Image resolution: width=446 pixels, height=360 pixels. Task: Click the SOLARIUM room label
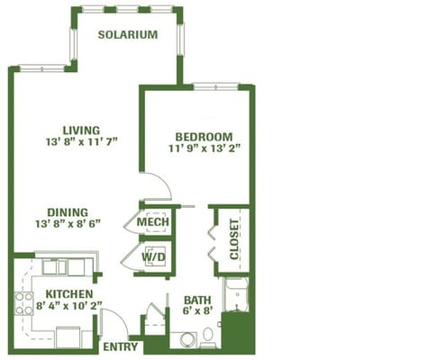coord(128,34)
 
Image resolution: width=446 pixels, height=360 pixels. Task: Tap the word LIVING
coord(81,130)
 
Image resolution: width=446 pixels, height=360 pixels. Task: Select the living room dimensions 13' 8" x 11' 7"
coord(81,141)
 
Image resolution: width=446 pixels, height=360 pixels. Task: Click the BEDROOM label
coord(204,137)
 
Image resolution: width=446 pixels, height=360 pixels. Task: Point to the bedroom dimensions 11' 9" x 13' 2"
coord(205,148)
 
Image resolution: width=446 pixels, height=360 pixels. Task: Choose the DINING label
coord(68,212)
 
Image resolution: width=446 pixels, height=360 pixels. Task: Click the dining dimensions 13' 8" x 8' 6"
coord(68,224)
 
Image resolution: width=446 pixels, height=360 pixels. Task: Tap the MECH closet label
coord(153,222)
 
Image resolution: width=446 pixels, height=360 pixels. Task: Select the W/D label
coord(153,257)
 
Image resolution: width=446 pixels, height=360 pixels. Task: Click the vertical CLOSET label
coord(234,239)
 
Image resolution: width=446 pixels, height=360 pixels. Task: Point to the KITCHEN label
coord(69,294)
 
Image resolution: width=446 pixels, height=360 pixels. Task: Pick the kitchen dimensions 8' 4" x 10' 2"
coord(69,306)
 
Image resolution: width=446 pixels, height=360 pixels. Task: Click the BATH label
coord(197,300)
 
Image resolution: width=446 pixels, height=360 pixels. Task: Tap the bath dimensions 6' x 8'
coord(197,310)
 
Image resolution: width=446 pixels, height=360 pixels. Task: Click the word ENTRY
coord(120,346)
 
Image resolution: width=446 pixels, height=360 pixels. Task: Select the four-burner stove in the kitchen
coord(23,303)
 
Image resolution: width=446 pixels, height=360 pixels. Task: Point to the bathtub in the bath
coord(237,294)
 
